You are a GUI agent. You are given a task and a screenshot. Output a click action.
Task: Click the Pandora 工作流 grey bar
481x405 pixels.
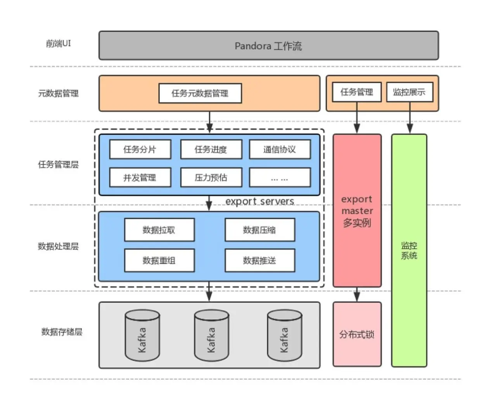(x=268, y=46)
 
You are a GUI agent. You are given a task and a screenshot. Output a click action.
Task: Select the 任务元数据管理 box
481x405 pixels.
(x=200, y=93)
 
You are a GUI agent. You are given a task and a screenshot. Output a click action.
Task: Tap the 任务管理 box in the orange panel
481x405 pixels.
(x=357, y=92)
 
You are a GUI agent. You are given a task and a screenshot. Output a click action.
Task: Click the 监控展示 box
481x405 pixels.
(x=409, y=92)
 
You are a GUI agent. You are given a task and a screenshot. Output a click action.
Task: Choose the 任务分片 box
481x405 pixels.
(x=140, y=149)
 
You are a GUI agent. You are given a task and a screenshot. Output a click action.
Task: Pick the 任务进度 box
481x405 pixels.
(x=211, y=149)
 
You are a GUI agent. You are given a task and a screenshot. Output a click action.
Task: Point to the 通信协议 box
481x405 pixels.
(x=280, y=149)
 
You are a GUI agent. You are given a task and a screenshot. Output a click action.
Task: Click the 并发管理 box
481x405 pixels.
(x=140, y=178)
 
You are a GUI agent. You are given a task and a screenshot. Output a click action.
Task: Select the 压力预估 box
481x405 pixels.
(x=211, y=178)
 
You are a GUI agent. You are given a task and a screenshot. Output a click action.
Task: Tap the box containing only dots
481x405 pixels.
(x=280, y=178)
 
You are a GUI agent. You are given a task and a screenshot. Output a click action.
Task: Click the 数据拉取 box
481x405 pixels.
(x=159, y=230)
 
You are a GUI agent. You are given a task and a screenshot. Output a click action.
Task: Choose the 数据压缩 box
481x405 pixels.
(x=260, y=230)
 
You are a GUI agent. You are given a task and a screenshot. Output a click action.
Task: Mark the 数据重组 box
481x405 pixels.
(x=159, y=260)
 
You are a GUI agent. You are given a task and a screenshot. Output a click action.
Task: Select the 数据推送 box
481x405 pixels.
(x=260, y=260)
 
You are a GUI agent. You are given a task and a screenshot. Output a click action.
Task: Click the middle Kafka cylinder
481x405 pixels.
(x=211, y=336)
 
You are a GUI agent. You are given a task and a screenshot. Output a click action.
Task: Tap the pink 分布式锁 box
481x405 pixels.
(x=357, y=334)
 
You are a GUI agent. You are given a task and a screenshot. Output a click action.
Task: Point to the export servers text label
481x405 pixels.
(x=260, y=201)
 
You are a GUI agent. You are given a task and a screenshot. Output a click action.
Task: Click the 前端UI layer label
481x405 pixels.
(x=59, y=43)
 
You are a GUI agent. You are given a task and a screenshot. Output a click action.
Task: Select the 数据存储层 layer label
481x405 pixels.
(x=62, y=332)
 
